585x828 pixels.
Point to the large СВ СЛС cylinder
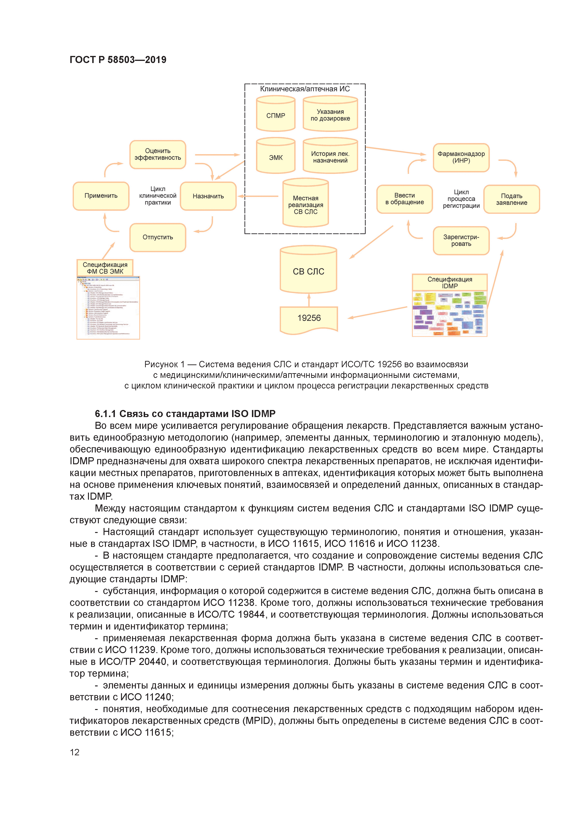[309, 270]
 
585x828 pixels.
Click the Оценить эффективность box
[158, 154]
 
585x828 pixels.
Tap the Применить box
[101, 196]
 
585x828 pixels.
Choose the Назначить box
[208, 196]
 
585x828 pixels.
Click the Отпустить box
[158, 237]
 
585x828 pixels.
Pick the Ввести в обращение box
[404, 199]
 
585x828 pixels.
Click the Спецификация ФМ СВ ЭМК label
[105, 268]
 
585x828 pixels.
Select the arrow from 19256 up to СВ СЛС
[309, 300]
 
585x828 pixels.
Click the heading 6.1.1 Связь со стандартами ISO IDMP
[185, 413]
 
